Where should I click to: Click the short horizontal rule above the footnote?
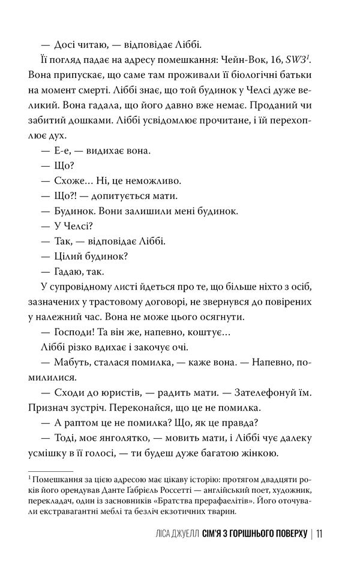50,470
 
